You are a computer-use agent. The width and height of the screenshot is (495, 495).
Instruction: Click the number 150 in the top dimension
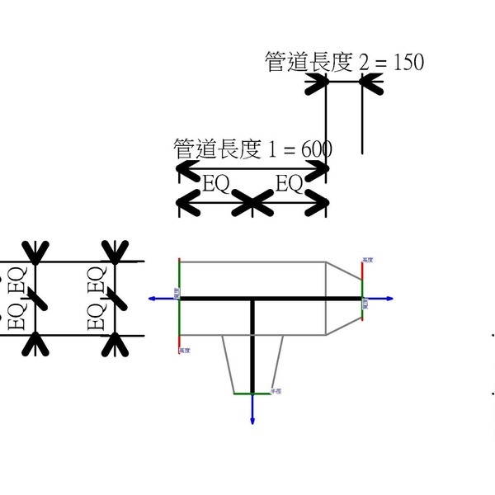click(x=409, y=63)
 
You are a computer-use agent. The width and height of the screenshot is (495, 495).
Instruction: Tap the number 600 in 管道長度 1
click(x=317, y=150)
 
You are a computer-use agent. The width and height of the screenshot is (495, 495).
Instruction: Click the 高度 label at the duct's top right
click(x=368, y=260)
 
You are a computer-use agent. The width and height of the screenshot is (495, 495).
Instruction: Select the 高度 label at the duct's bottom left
click(x=186, y=351)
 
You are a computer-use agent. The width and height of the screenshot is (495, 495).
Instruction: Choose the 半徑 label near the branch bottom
click(x=276, y=391)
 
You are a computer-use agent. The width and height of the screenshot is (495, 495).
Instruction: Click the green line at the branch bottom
click(x=252, y=394)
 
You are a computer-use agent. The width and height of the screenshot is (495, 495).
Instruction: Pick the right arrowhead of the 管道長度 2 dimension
click(x=370, y=82)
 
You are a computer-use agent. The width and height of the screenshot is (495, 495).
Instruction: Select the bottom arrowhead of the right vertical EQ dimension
click(x=115, y=345)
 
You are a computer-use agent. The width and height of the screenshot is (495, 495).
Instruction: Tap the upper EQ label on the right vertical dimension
click(x=97, y=278)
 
